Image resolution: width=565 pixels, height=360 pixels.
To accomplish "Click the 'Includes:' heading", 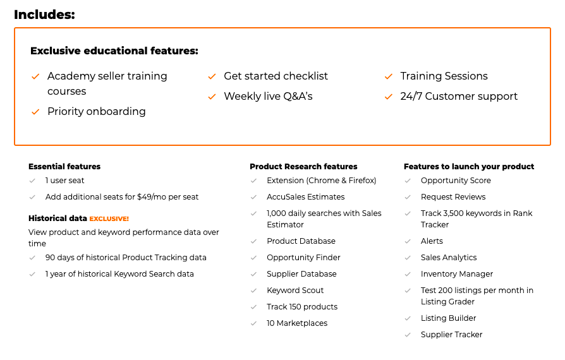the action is coord(44,15).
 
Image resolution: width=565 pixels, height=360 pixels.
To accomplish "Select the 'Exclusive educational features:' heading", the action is coord(114,51).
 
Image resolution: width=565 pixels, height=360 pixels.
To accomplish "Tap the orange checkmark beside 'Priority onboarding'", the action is coord(35,112).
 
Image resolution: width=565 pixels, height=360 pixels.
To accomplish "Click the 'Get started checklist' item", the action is coord(276,76).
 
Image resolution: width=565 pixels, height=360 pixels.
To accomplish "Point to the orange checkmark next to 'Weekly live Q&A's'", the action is coord(212,97).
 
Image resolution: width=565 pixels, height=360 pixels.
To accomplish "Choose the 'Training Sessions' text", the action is coord(444,76).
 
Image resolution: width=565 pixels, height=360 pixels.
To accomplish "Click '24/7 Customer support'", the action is coord(459,96).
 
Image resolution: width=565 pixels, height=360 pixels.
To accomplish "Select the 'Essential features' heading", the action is coord(64,166).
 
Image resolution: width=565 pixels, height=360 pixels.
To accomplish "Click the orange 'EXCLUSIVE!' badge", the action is coord(109,219).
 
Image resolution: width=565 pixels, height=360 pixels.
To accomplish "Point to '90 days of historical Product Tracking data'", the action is coord(126,258).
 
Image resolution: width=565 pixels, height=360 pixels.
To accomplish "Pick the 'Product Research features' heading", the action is coord(303,166).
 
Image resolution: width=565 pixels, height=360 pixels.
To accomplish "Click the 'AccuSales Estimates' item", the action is coord(305,197).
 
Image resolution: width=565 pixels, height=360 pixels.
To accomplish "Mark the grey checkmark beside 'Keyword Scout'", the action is coord(253,291).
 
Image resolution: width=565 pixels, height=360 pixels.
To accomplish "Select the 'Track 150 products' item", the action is coord(302,307).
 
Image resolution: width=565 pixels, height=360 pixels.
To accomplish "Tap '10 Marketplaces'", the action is coord(297,323).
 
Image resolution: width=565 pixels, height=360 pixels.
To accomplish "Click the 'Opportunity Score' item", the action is coord(456,181).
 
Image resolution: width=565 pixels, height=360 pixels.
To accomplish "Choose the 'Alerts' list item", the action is coord(432,241).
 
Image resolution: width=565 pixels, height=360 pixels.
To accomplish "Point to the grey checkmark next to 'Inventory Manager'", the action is coord(408,274).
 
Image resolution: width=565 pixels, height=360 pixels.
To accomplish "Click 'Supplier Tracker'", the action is coord(451,335).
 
